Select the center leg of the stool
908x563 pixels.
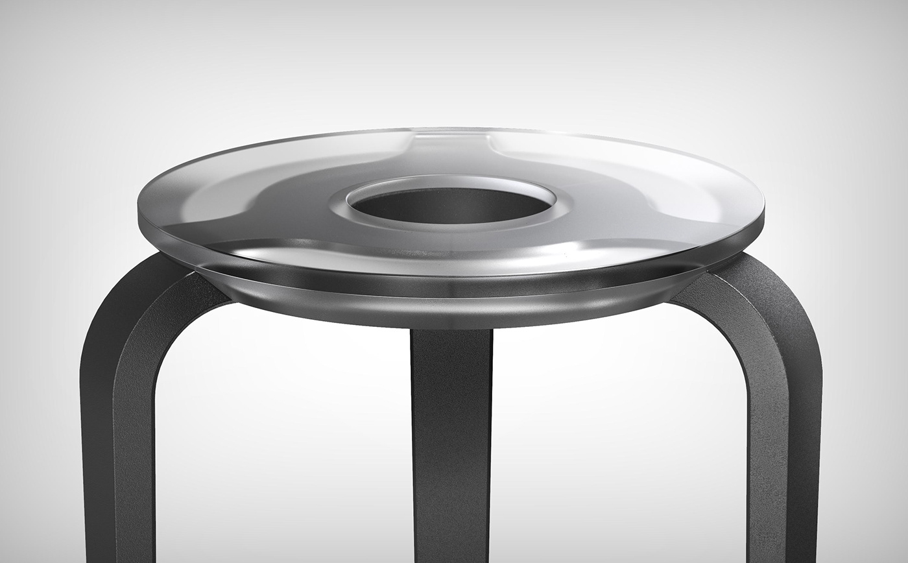tap(451, 441)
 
